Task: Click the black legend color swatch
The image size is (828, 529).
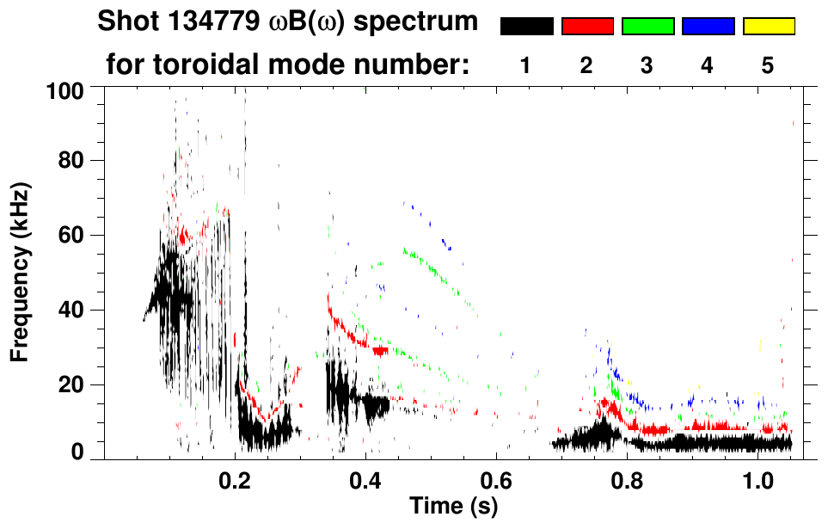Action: click(x=526, y=27)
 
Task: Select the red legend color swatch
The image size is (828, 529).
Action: click(x=587, y=27)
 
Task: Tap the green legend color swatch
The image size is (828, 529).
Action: click(x=647, y=27)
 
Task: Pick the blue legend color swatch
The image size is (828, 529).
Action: click(x=708, y=27)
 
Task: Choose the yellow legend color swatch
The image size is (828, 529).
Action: click(x=768, y=27)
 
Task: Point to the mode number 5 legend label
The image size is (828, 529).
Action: click(x=768, y=65)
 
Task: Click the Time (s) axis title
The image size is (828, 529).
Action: click(x=453, y=507)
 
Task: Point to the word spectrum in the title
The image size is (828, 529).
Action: click(x=419, y=23)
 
